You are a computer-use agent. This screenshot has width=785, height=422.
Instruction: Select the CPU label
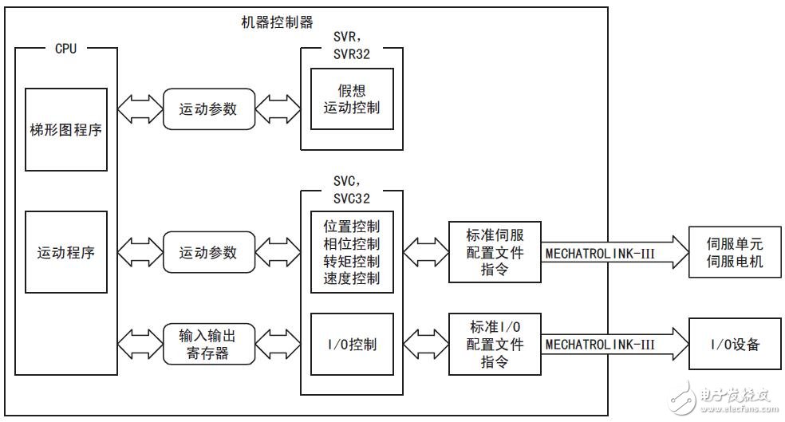pos(65,49)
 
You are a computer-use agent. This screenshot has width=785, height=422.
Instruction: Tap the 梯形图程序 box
pos(65,129)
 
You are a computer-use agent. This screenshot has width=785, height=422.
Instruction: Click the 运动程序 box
pos(65,251)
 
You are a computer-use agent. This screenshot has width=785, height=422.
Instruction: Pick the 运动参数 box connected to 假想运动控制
pos(208,108)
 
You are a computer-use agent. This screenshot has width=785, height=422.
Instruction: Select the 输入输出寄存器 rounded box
pos(208,343)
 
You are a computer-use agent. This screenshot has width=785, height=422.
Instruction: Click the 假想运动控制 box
pos(352,98)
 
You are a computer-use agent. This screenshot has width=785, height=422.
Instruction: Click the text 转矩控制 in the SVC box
pos(352,261)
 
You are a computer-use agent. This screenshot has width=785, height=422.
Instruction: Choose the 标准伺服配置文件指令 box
pos(495,251)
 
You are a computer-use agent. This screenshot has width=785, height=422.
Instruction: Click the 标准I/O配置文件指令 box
pos(495,344)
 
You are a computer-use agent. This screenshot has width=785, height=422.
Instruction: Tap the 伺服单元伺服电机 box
pos(736,251)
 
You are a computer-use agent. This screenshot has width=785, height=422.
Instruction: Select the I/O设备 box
pos(736,344)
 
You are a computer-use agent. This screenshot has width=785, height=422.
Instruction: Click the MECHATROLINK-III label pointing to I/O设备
pos(599,344)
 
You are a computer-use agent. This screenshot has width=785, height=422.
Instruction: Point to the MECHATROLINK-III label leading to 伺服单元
pos(599,252)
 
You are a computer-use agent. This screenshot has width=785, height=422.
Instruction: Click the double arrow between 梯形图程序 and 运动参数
pos(140,108)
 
